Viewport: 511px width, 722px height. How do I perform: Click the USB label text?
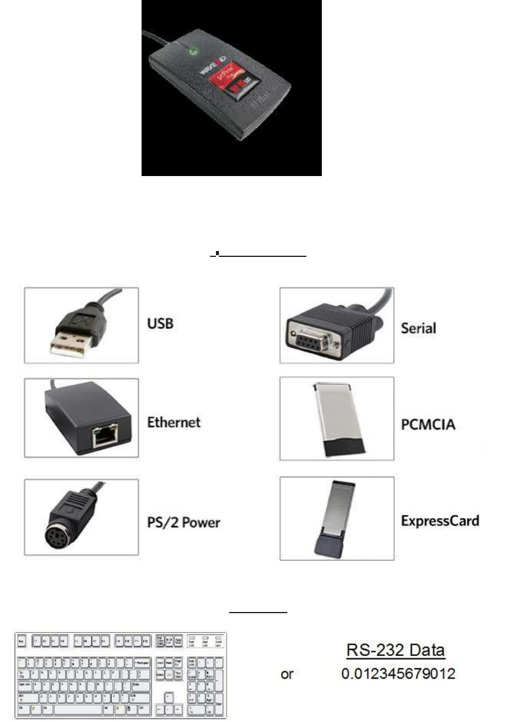pyautogui.click(x=160, y=325)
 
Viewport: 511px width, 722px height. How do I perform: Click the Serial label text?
pyautogui.click(x=419, y=327)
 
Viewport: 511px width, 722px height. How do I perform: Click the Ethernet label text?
pyautogui.click(x=174, y=422)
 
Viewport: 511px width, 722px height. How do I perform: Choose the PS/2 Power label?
pyautogui.click(x=184, y=523)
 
